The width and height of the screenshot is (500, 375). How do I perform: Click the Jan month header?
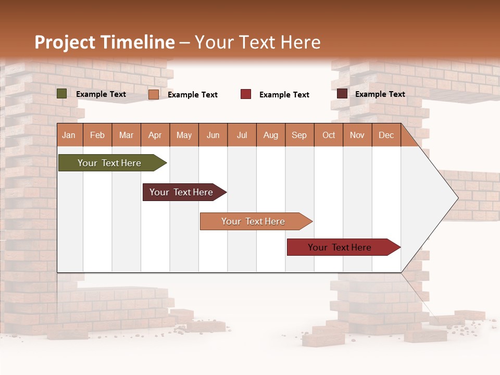coord(69,135)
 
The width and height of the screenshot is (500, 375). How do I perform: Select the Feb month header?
coord(97,135)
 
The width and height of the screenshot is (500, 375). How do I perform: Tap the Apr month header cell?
coord(155,135)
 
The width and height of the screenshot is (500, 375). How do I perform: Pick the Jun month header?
coord(213,135)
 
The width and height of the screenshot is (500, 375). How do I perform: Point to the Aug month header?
coord(271,135)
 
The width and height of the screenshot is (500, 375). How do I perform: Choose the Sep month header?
coord(299,135)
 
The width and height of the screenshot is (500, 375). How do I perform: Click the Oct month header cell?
coord(329,135)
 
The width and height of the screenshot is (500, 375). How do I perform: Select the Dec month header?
coord(386,135)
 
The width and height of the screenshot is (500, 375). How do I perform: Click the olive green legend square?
coord(62,94)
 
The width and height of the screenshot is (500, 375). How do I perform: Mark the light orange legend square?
coord(154,94)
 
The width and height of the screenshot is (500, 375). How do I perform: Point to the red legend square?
coord(246,94)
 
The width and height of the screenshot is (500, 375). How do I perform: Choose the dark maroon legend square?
coord(342,94)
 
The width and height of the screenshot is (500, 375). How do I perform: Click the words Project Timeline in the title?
coord(104,42)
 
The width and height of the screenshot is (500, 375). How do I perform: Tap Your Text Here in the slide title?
coord(257,42)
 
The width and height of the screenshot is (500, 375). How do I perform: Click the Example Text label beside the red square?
coord(284,95)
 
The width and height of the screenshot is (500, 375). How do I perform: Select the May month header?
coord(184,135)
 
